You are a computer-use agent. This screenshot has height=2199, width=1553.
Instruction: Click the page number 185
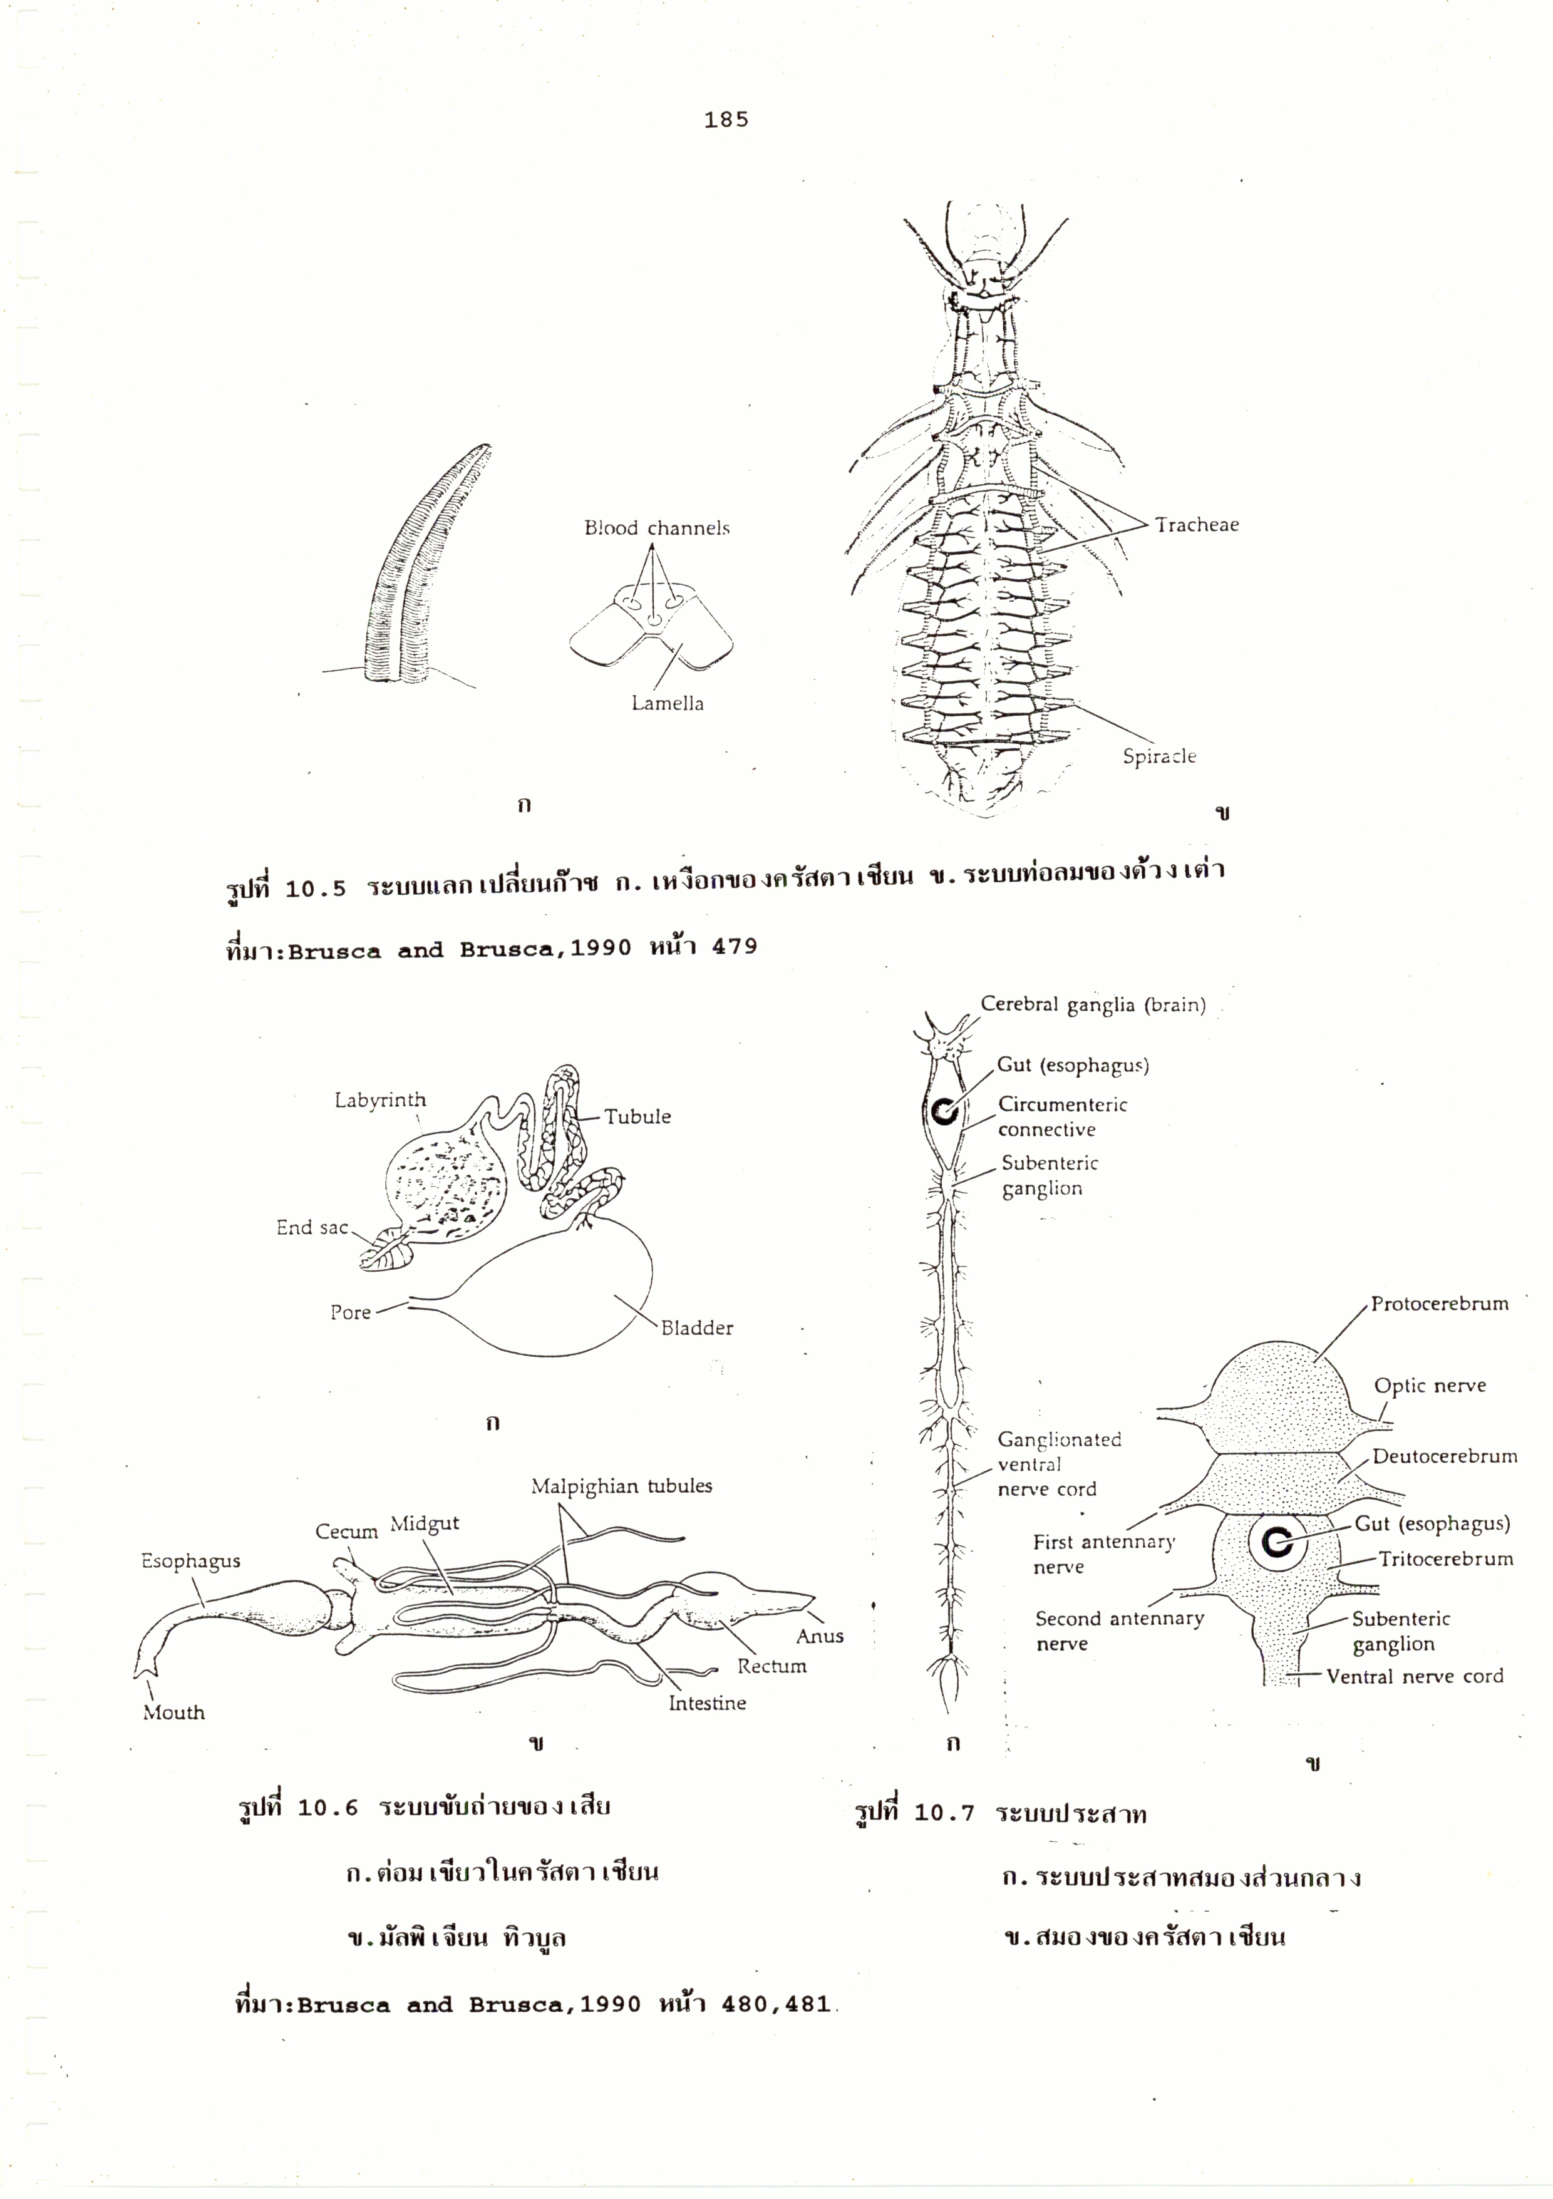pos(726,120)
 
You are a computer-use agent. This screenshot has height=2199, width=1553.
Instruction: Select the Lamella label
pos(667,703)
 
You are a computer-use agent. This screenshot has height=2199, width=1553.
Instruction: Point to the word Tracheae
pos(1197,524)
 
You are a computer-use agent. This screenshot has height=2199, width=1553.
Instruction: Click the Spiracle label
pos(1159,756)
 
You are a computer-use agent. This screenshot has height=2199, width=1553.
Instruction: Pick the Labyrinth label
pos(380,1101)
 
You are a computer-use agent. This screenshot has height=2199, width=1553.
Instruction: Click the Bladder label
pos(696,1327)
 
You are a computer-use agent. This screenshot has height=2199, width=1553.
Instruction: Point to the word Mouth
pos(173,1712)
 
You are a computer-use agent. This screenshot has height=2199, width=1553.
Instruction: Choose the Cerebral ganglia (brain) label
pos(1092,1005)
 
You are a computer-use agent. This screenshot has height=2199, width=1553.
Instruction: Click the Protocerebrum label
pos(1439,1304)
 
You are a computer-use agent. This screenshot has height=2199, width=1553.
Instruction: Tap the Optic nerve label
pos(1430,1385)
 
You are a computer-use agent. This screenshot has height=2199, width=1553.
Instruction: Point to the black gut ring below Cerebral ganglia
pos(944,1112)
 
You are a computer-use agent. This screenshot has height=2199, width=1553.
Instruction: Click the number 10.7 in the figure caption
pos(944,1813)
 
